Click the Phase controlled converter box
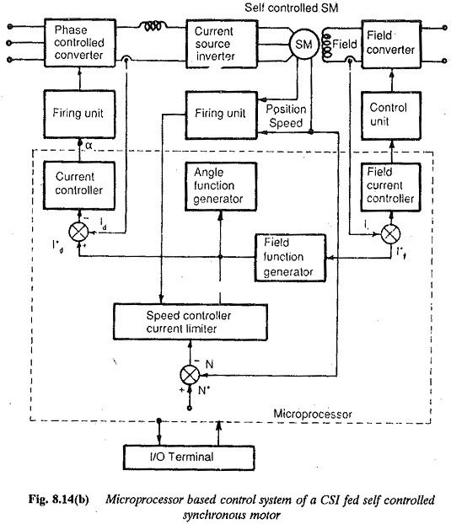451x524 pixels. (x=80, y=43)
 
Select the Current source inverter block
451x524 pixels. (x=222, y=44)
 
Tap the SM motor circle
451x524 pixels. (x=303, y=44)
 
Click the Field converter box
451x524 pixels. (x=391, y=44)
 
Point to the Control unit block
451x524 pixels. (x=391, y=115)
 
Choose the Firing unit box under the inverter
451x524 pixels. (x=222, y=115)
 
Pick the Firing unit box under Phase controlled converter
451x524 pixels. (x=79, y=114)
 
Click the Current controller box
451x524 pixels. (x=79, y=185)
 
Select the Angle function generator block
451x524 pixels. (x=221, y=186)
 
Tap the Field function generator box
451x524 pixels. (x=290, y=258)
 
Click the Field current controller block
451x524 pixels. (x=390, y=187)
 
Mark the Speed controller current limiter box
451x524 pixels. (x=191, y=322)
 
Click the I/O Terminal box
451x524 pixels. (x=189, y=457)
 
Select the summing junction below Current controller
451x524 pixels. (x=79, y=232)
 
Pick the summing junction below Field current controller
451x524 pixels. (x=391, y=233)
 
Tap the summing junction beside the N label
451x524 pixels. (x=190, y=375)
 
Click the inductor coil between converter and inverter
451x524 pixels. (x=153, y=26)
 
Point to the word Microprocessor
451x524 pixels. (x=313, y=414)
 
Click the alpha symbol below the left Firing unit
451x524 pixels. (x=89, y=146)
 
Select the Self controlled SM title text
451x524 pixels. (x=291, y=8)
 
